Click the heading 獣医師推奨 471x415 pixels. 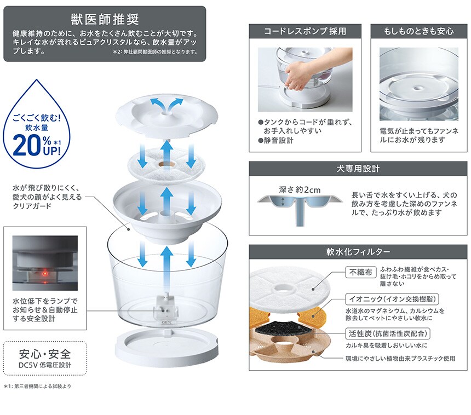(x=105, y=19)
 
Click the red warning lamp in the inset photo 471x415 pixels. (x=45, y=274)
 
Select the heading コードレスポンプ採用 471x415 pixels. (x=305, y=31)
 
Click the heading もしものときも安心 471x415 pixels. (x=419, y=31)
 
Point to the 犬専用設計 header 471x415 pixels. (x=358, y=169)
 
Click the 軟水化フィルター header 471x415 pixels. (x=358, y=252)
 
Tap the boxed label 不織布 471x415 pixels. (x=361, y=272)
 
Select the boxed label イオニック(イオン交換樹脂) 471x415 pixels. (x=392, y=299)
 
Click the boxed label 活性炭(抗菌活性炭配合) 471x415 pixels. (x=388, y=333)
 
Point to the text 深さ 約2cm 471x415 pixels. (x=300, y=190)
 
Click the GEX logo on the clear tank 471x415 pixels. (x=166, y=322)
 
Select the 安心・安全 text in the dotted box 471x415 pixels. (x=45, y=354)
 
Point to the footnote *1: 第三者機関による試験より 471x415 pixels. (x=38, y=386)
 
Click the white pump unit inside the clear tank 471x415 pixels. (x=166, y=306)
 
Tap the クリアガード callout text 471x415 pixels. (x=32, y=206)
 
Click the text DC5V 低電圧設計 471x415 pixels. (x=45, y=365)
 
